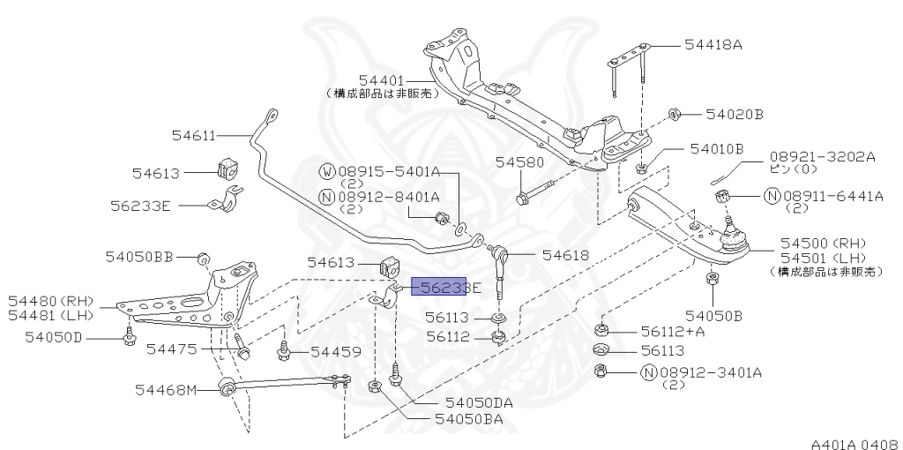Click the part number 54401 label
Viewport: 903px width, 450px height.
coord(381,79)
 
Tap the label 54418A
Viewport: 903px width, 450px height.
coord(713,44)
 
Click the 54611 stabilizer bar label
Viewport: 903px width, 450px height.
coord(193,135)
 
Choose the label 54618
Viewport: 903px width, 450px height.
coord(565,255)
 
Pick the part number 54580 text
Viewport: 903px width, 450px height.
coord(519,162)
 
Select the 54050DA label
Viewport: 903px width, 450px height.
coord(479,402)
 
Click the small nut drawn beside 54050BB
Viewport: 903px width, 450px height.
coord(202,257)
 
